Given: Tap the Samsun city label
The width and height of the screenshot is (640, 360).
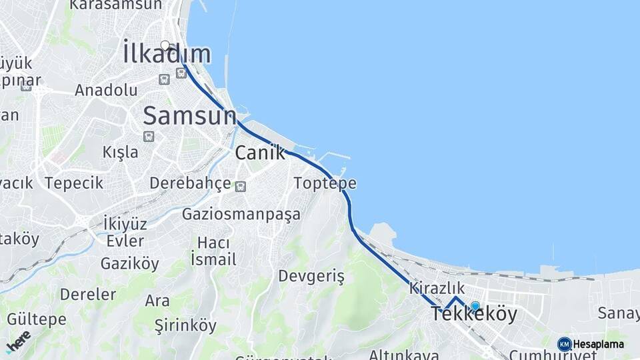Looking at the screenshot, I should click(189, 115).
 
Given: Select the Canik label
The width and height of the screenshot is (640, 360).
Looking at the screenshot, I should click(259, 153).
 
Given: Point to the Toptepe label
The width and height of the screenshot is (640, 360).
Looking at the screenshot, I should click(325, 183).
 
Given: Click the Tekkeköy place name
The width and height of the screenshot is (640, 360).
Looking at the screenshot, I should click(474, 315).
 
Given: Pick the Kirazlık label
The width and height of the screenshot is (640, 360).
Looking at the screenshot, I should click(437, 288).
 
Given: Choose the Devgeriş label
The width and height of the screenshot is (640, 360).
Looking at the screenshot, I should click(311, 276).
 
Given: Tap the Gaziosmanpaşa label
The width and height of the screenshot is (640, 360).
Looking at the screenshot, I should click(241, 215).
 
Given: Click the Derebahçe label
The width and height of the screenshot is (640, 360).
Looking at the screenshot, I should click(190, 183).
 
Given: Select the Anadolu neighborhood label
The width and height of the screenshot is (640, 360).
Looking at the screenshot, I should click(106, 90).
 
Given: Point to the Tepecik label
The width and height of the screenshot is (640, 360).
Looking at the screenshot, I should click(74, 183).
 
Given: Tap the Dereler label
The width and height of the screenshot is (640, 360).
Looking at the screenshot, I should click(88, 294).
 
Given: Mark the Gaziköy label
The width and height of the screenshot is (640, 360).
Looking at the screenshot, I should click(130, 263).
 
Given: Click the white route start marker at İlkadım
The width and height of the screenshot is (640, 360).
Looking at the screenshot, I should click(165, 45).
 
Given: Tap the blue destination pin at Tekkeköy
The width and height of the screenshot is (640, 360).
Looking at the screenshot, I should click(475, 306).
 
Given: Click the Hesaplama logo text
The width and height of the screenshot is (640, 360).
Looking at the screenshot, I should click(598, 344).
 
